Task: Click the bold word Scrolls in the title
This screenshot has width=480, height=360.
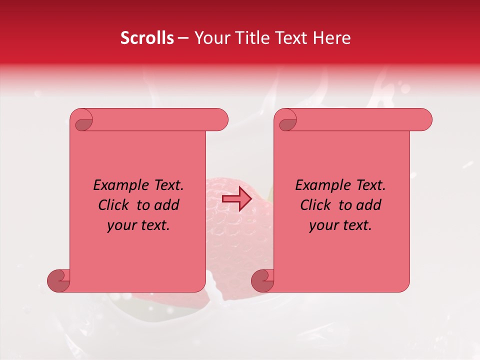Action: point(147,38)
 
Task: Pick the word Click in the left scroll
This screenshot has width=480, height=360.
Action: point(113,205)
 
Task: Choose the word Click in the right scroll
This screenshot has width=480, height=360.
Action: point(315,205)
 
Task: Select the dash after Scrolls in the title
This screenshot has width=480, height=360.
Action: point(183,38)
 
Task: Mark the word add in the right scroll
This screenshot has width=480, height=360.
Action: point(369,205)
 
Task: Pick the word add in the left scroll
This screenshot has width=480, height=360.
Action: point(167,205)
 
